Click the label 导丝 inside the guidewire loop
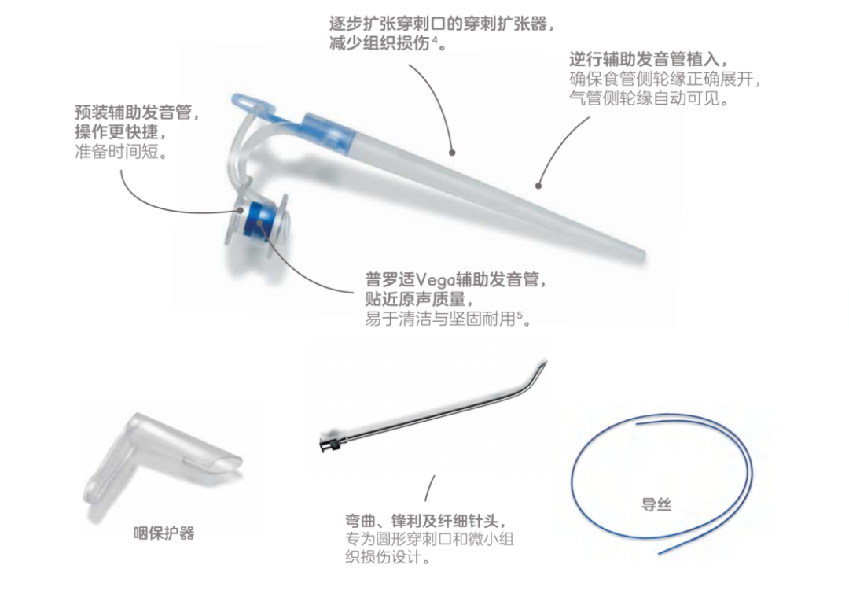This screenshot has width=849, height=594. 656,505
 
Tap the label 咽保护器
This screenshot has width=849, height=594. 164,533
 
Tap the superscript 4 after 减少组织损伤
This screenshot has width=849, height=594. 435,39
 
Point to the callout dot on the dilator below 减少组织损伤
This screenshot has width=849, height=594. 452,153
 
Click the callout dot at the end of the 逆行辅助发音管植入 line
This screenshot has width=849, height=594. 538,186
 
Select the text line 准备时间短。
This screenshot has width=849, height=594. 121,152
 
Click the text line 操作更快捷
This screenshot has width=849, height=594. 120,132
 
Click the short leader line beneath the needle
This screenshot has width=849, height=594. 429,489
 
